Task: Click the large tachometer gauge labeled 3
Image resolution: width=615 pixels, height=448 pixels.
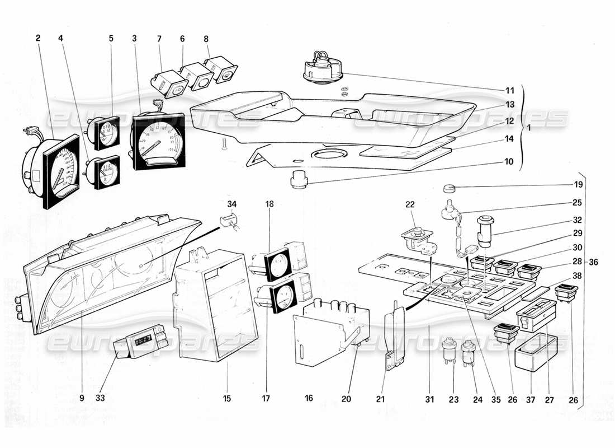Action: tap(159, 141)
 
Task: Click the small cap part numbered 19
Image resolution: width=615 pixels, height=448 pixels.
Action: tap(451, 188)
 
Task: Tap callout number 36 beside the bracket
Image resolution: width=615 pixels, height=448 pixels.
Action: tap(594, 263)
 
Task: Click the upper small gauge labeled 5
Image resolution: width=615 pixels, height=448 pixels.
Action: tap(106, 133)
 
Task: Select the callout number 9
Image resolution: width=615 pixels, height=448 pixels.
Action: tap(82, 398)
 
